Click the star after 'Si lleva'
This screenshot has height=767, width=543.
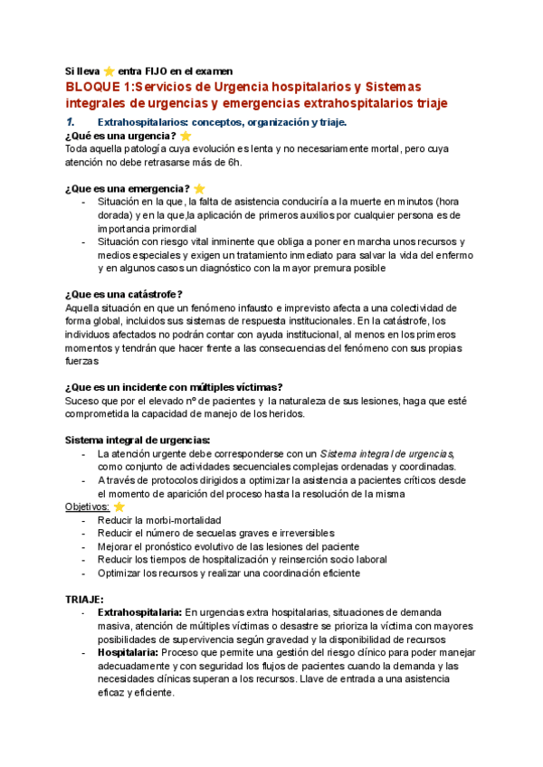point(109,70)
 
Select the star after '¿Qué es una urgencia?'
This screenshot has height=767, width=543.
point(186,137)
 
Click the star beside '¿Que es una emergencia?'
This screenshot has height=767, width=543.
point(199,188)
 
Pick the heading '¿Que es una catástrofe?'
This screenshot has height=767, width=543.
point(124,294)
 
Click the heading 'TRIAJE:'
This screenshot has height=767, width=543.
point(84,599)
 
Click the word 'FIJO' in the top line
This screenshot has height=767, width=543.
point(172,70)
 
